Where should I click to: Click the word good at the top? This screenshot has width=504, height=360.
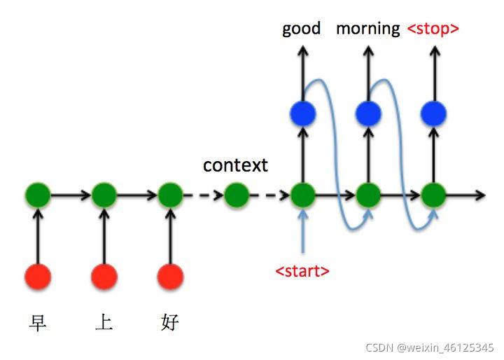(301, 29)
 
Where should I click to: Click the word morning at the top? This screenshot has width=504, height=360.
(367, 29)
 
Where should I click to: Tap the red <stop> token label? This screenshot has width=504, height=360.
(433, 29)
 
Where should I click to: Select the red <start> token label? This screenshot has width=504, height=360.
(302, 270)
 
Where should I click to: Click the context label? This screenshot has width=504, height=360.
(235, 165)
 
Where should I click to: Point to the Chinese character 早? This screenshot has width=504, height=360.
(37, 322)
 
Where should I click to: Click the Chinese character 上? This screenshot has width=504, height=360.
(104, 322)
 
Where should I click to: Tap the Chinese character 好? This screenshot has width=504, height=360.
(169, 322)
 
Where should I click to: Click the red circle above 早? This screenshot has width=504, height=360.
(37, 277)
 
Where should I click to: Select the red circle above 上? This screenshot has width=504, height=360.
(104, 277)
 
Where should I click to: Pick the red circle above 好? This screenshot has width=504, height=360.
(170, 277)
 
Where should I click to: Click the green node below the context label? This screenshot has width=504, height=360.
(236, 195)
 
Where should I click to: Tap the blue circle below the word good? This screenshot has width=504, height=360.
(302, 112)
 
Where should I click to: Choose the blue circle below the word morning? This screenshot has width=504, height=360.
(368, 112)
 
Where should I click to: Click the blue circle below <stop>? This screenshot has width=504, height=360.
(434, 112)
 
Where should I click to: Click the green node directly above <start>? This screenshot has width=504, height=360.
(302, 195)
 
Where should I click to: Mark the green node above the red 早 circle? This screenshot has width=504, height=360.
(37, 195)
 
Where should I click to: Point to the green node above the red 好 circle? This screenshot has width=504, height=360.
(170, 195)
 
